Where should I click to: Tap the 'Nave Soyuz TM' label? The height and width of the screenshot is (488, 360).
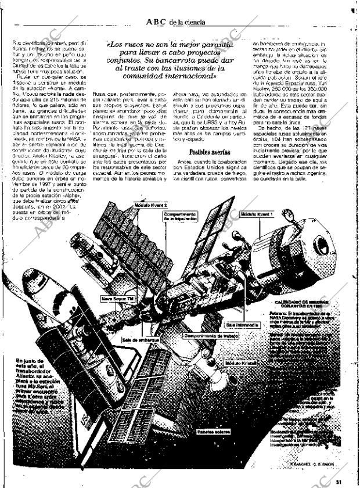tap(117, 299)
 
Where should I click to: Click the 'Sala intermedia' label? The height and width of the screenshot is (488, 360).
tap(243, 324)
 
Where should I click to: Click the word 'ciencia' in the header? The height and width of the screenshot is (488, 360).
tap(193, 23)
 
